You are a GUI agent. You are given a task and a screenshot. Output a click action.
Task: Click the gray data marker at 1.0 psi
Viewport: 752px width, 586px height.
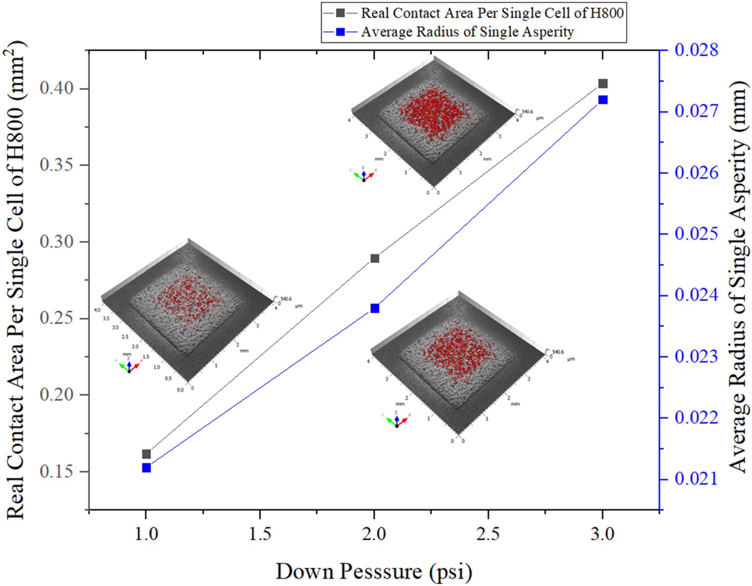point(146,454)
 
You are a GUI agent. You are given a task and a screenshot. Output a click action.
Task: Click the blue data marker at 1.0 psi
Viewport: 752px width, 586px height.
point(146,468)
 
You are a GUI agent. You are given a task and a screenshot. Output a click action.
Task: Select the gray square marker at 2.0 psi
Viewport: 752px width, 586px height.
point(374,259)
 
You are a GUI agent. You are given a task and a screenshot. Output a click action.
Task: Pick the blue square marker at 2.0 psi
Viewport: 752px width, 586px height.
point(374,308)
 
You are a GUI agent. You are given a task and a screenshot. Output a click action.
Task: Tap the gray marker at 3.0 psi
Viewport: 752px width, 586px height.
point(603,84)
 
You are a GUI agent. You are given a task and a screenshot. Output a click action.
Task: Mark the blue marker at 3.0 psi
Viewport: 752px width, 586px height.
point(603,100)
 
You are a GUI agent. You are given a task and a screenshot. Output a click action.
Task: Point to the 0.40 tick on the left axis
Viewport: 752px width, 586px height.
point(57,88)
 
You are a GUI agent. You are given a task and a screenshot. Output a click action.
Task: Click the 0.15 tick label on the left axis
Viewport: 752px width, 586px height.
point(57,472)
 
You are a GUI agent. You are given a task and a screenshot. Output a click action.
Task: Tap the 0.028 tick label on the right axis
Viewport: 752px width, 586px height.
point(696,50)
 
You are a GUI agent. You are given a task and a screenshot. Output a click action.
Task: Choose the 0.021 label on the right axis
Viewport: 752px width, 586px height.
point(696,479)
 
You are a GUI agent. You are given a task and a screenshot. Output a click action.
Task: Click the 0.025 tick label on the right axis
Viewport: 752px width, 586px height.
point(696,234)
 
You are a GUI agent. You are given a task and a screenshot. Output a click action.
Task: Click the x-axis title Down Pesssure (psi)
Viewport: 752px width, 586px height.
point(373,571)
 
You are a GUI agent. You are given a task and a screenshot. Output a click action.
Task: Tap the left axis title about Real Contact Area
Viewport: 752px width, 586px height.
point(16,281)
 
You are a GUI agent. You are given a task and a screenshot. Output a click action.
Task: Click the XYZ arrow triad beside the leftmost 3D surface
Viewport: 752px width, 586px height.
point(129,365)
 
